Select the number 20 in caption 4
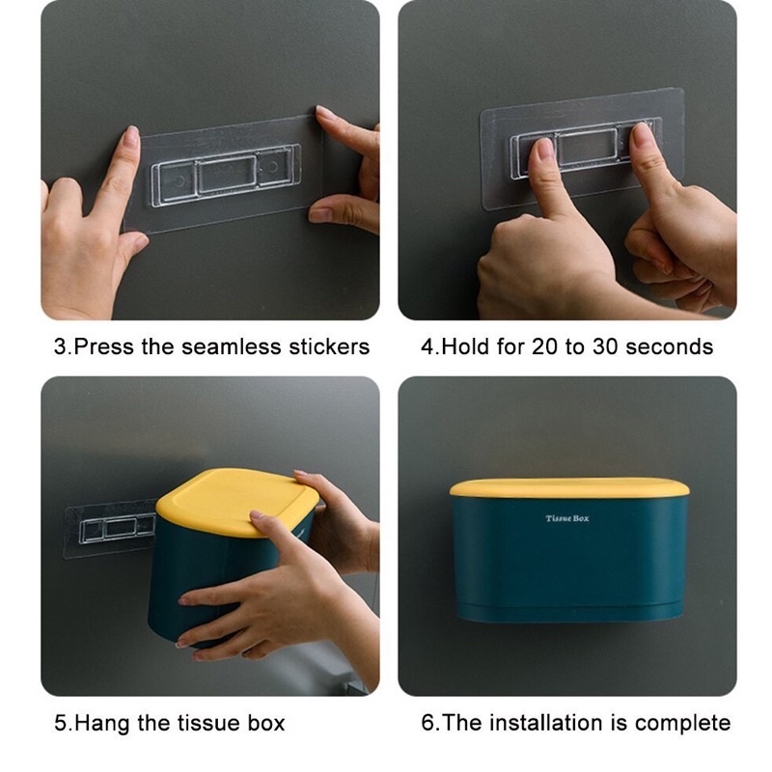pyautogui.click(x=544, y=346)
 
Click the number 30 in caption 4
pyautogui.click(x=605, y=346)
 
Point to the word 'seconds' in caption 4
pyautogui.click(x=669, y=346)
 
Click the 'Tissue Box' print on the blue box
pyautogui.click(x=566, y=518)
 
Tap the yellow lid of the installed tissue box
pyautogui.click(x=569, y=487)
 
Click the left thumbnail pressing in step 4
pyautogui.click(x=544, y=149)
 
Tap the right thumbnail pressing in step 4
pyautogui.click(x=642, y=134)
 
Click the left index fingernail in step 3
pyautogui.click(x=131, y=137)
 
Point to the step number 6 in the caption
pyautogui.click(x=427, y=723)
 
